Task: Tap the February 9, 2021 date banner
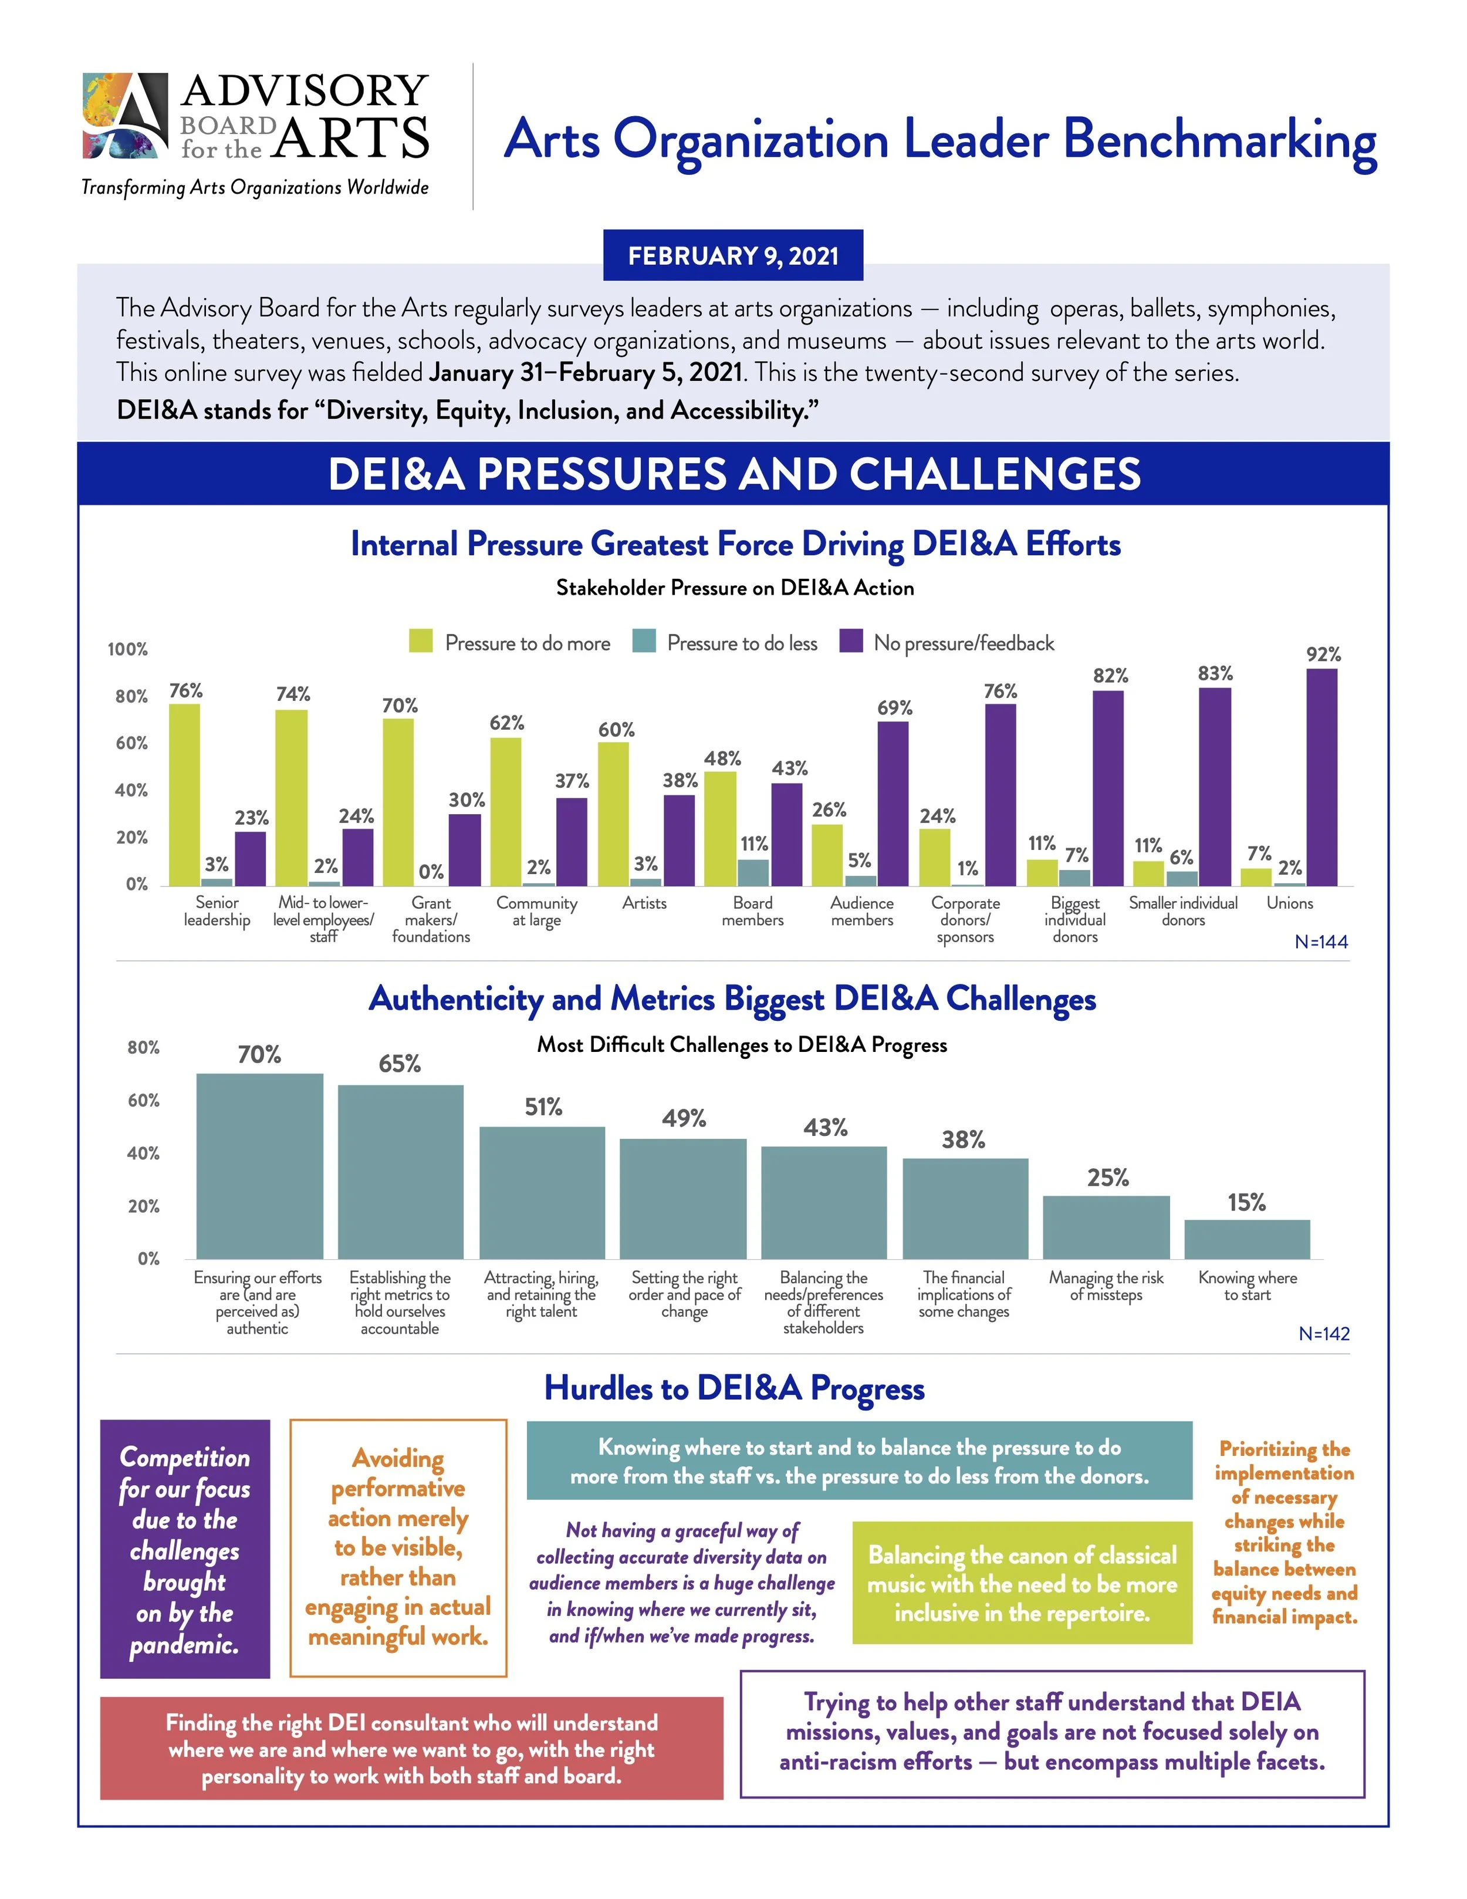coord(733,255)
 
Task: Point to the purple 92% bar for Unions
coord(1322,777)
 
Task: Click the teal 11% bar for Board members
coord(753,872)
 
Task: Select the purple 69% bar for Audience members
coord(893,804)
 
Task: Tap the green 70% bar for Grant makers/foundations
coord(398,802)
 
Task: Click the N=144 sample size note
coord(1321,942)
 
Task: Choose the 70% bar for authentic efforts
coord(260,1166)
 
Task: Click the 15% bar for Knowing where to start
coord(1246,1239)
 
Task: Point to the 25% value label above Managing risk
coord(1107,1178)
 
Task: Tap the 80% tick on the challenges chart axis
coord(143,1048)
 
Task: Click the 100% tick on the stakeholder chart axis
coord(128,649)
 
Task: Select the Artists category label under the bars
coord(644,903)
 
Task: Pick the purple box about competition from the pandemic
coord(185,1549)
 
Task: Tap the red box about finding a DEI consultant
coord(411,1749)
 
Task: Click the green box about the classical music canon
coord(1022,1583)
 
